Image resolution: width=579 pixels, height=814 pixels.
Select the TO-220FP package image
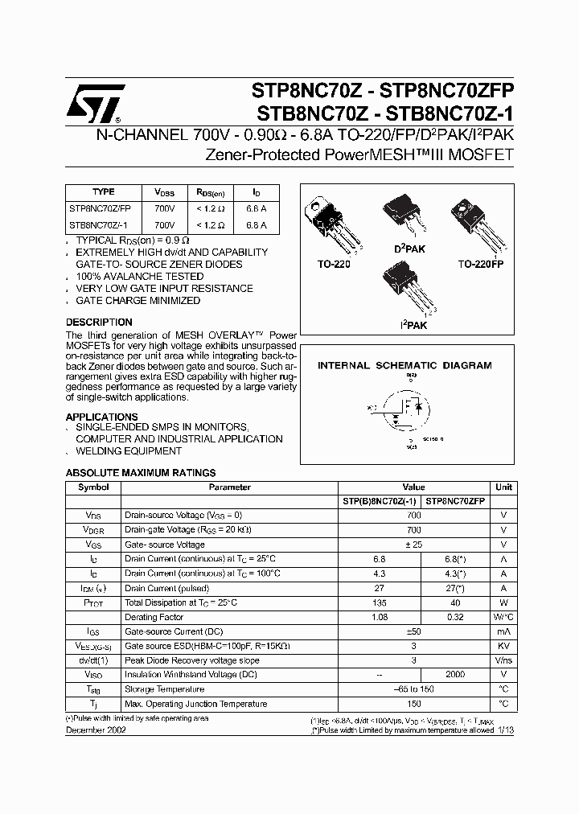pyautogui.click(x=479, y=222)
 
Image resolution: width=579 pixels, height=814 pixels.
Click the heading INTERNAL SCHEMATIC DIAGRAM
pyautogui.click(x=404, y=365)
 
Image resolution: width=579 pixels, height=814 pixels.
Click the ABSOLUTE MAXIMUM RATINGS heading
pyautogui.click(x=140, y=473)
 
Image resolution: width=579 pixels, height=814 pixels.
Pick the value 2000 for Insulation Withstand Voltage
pyautogui.click(x=455, y=675)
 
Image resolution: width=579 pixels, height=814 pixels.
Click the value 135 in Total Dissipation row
pyautogui.click(x=380, y=602)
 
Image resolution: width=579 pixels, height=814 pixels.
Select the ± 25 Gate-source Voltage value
pyautogui.click(x=413, y=545)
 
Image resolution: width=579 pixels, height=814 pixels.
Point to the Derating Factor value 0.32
pyautogui.click(x=455, y=617)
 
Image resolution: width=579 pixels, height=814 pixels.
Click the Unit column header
pyautogui.click(x=503, y=487)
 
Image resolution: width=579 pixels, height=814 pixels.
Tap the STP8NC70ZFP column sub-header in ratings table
pyautogui.click(x=455, y=501)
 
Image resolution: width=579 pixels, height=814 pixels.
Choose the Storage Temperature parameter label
pyautogui.click(x=164, y=689)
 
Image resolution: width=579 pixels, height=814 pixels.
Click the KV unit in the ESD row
pyautogui.click(x=503, y=646)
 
